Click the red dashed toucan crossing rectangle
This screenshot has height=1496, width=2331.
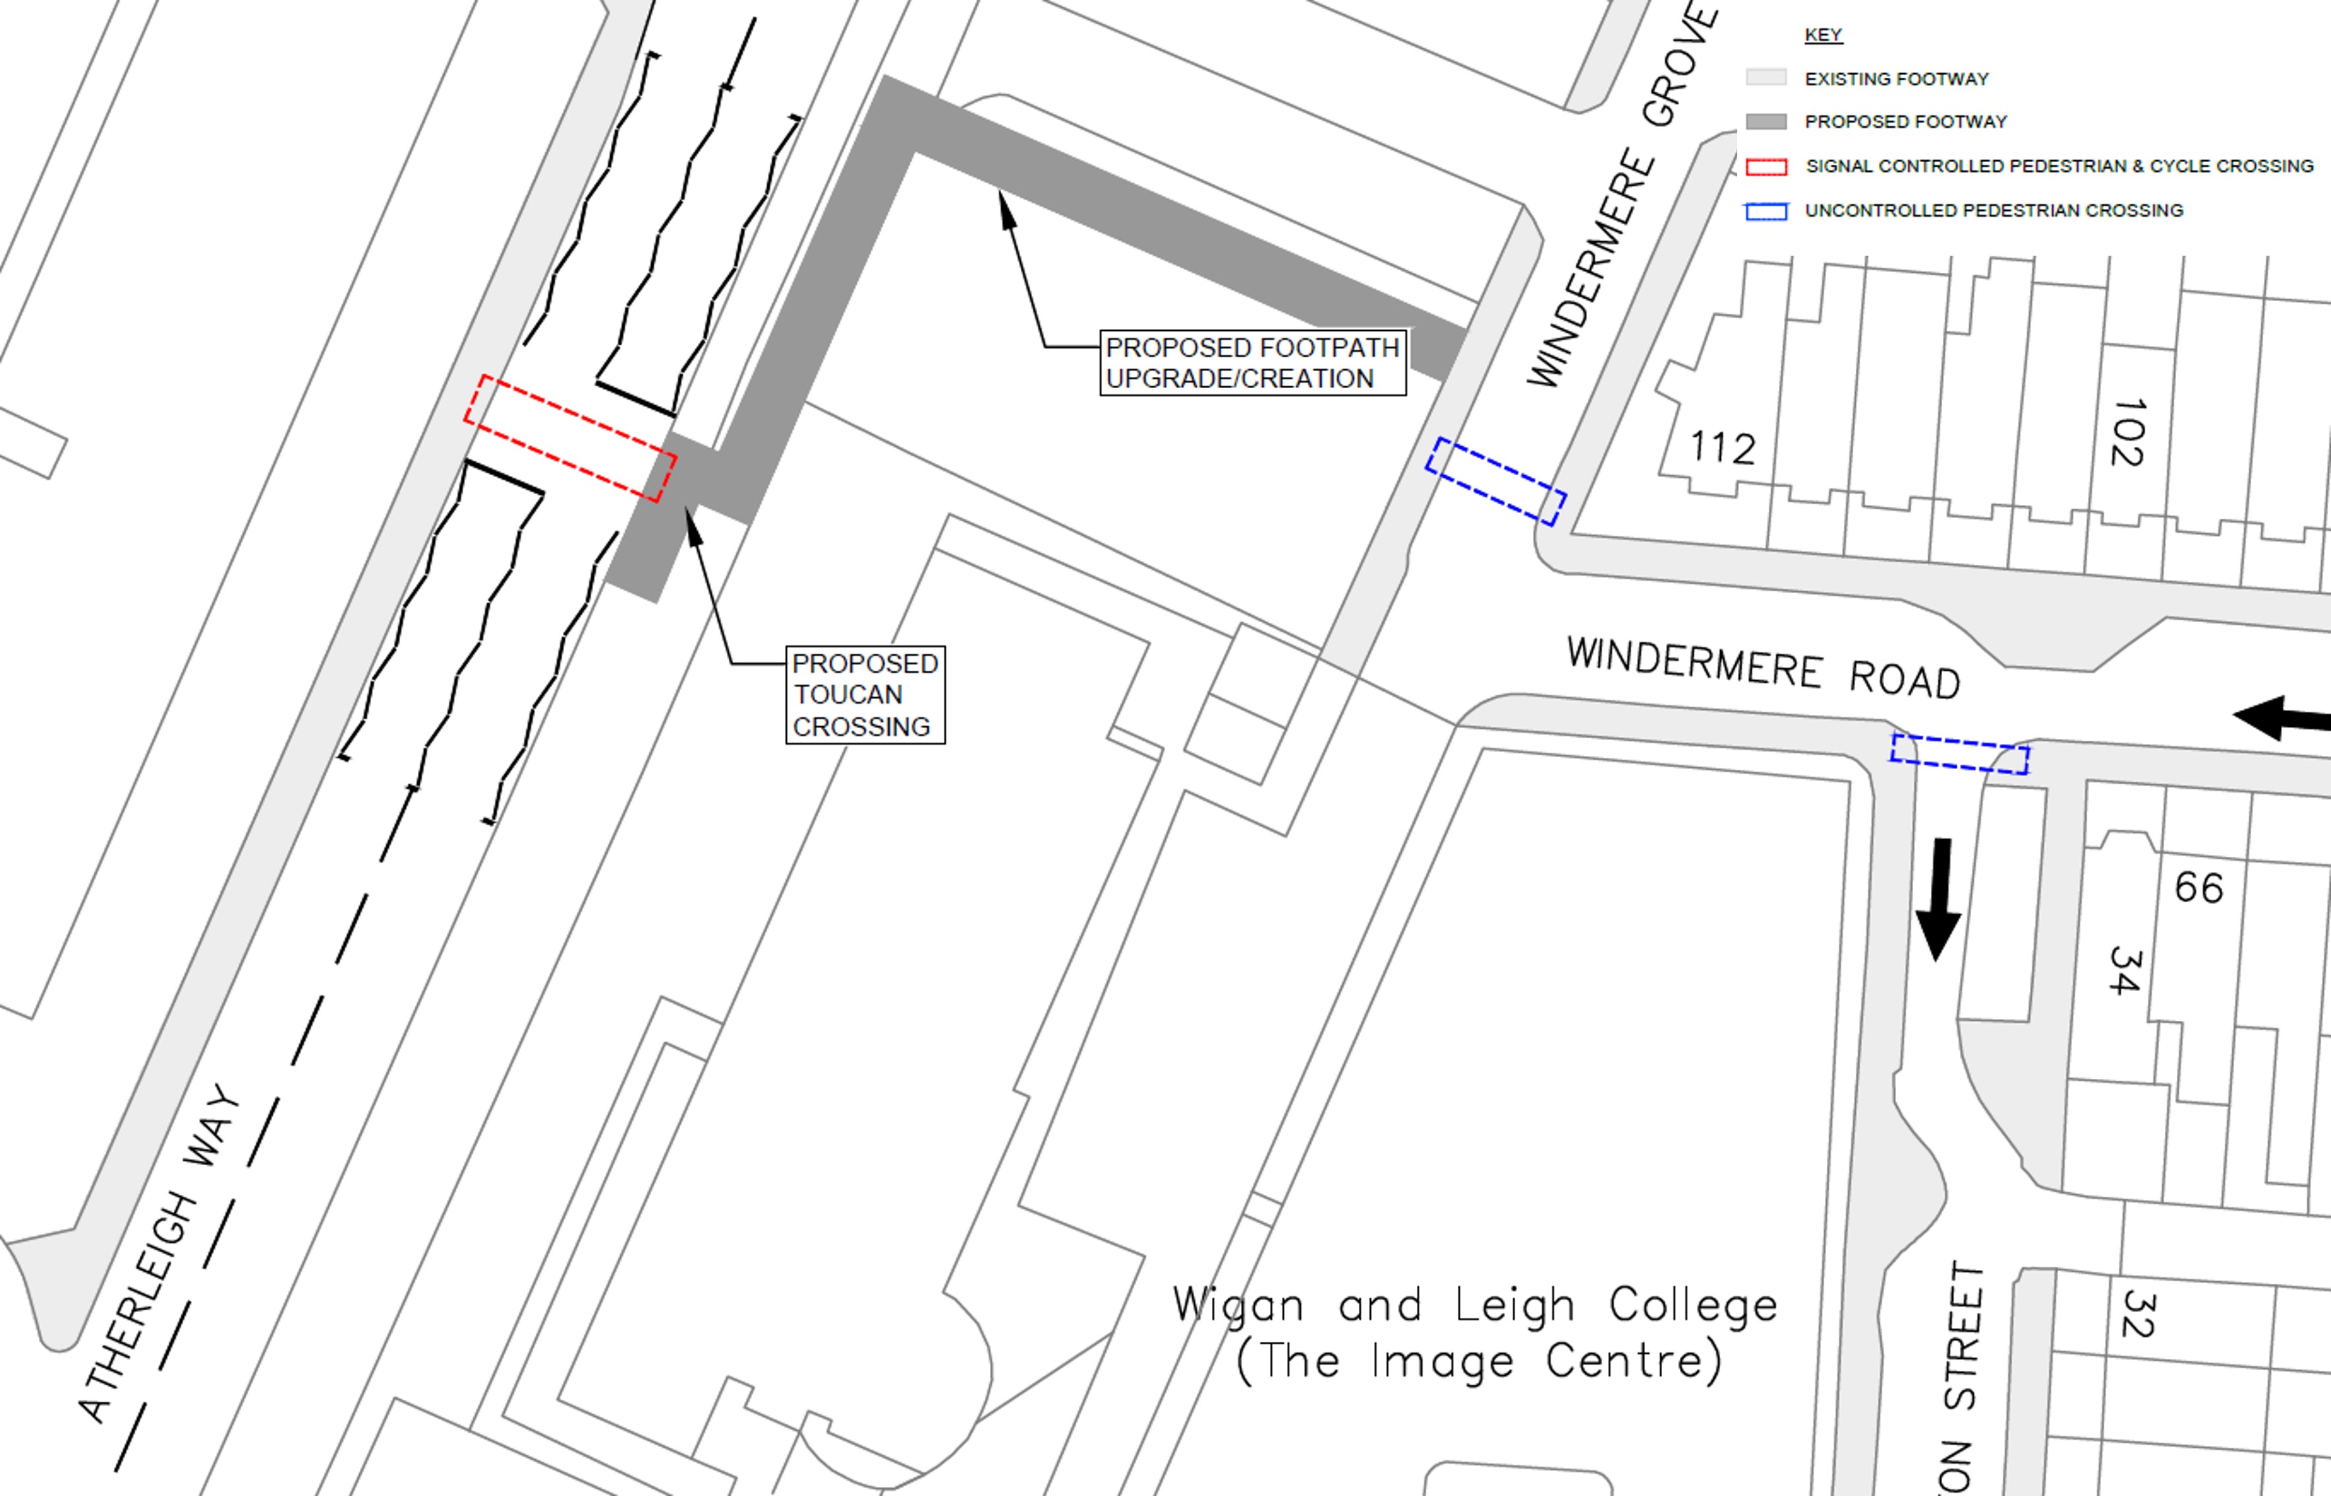tap(570, 439)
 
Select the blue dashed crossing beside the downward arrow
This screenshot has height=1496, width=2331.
tap(1959, 754)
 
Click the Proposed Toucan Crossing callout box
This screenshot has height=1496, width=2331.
tap(865, 695)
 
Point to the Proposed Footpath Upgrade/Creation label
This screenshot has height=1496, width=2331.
tap(1252, 362)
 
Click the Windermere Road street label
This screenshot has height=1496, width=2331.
tap(1763, 668)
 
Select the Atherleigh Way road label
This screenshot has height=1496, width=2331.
tap(160, 1253)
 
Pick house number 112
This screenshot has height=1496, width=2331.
tap(1722, 448)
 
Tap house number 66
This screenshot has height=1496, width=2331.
tap(2198, 887)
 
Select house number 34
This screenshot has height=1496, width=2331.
tap(2124, 971)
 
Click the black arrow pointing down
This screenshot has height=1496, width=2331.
tap(1939, 898)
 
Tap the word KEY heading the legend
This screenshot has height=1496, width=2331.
tap(1823, 35)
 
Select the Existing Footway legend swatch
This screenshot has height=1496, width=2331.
tap(1766, 78)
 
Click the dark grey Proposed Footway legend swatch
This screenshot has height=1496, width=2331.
tap(1766, 121)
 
